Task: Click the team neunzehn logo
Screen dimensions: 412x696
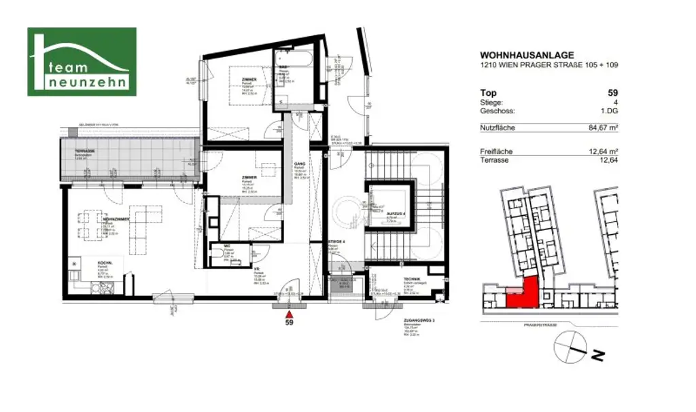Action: coord(82,62)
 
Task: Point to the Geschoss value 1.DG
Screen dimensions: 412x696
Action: coord(609,111)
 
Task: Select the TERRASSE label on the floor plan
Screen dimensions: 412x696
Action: coord(86,151)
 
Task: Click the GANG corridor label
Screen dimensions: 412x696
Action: coord(298,164)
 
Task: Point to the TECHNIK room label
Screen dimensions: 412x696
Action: coord(411,280)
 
